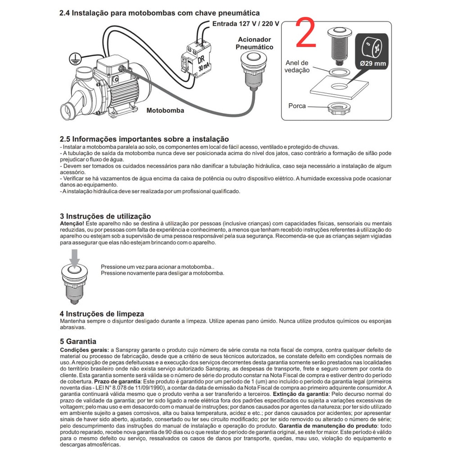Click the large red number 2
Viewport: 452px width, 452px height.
pyautogui.click(x=307, y=33)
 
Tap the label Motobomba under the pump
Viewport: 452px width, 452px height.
pyautogui.click(x=165, y=110)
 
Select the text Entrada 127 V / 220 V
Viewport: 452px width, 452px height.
pyautogui.click(x=246, y=23)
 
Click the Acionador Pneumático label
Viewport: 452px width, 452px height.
pyautogui.click(x=255, y=43)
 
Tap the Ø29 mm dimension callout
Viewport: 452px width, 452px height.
pyautogui.click(x=373, y=51)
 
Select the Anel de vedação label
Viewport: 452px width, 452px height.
pyautogui.click(x=297, y=66)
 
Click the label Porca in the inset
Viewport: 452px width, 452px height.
pyautogui.click(x=297, y=106)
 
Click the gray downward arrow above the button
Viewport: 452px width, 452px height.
pyautogui.click(x=75, y=258)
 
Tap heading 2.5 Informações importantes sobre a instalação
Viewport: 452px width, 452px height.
pyautogui.click(x=144, y=139)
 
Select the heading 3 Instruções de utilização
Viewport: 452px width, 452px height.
pyautogui.click(x=105, y=217)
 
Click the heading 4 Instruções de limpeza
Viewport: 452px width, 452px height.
pyautogui.click(x=102, y=313)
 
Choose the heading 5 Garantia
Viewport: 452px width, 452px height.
pyautogui.click(x=78, y=342)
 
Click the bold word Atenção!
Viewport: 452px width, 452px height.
pyautogui.click(x=72, y=224)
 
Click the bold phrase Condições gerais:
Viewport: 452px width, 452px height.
pyautogui.click(x=84, y=350)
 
